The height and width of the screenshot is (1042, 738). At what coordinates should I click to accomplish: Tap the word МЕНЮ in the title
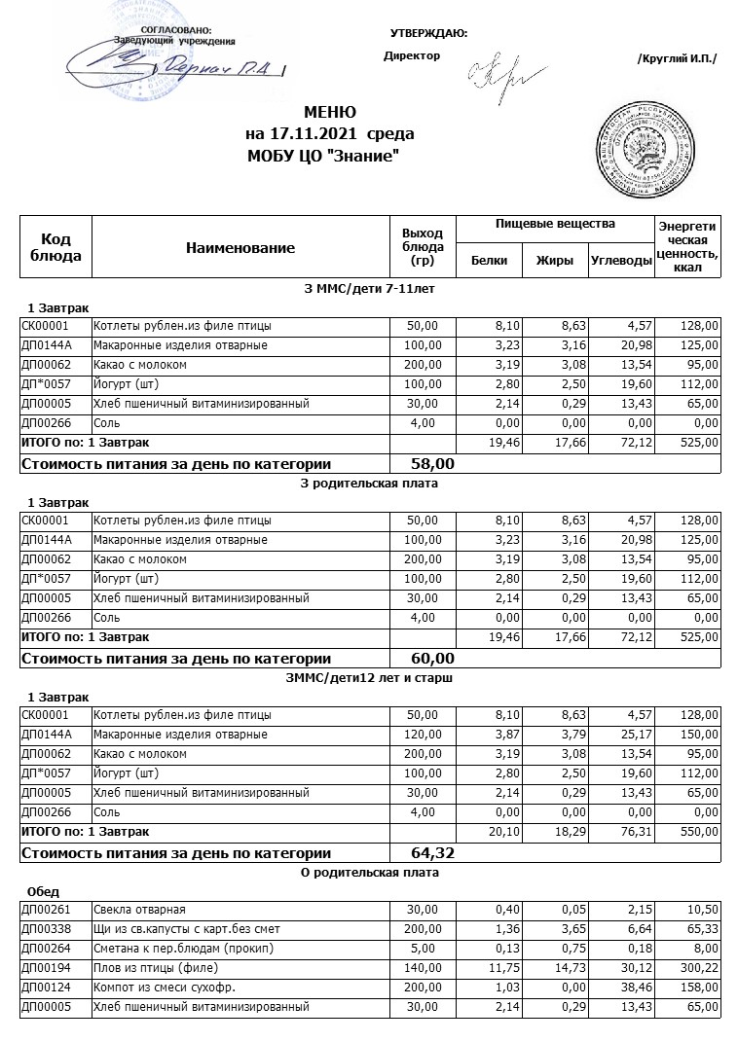point(330,113)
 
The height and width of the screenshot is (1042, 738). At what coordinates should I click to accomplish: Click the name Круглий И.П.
point(677,58)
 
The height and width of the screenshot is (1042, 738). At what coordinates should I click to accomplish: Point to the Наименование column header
point(240,248)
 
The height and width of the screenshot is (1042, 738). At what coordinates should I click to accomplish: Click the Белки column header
point(489,260)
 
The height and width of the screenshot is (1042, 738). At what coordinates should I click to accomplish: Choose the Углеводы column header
point(620,260)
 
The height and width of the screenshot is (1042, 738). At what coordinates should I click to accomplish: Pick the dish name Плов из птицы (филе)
point(156,968)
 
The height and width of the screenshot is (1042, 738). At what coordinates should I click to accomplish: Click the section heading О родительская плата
point(370,872)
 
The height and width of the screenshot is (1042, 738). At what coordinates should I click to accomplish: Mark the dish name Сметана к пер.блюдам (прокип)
point(183,949)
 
